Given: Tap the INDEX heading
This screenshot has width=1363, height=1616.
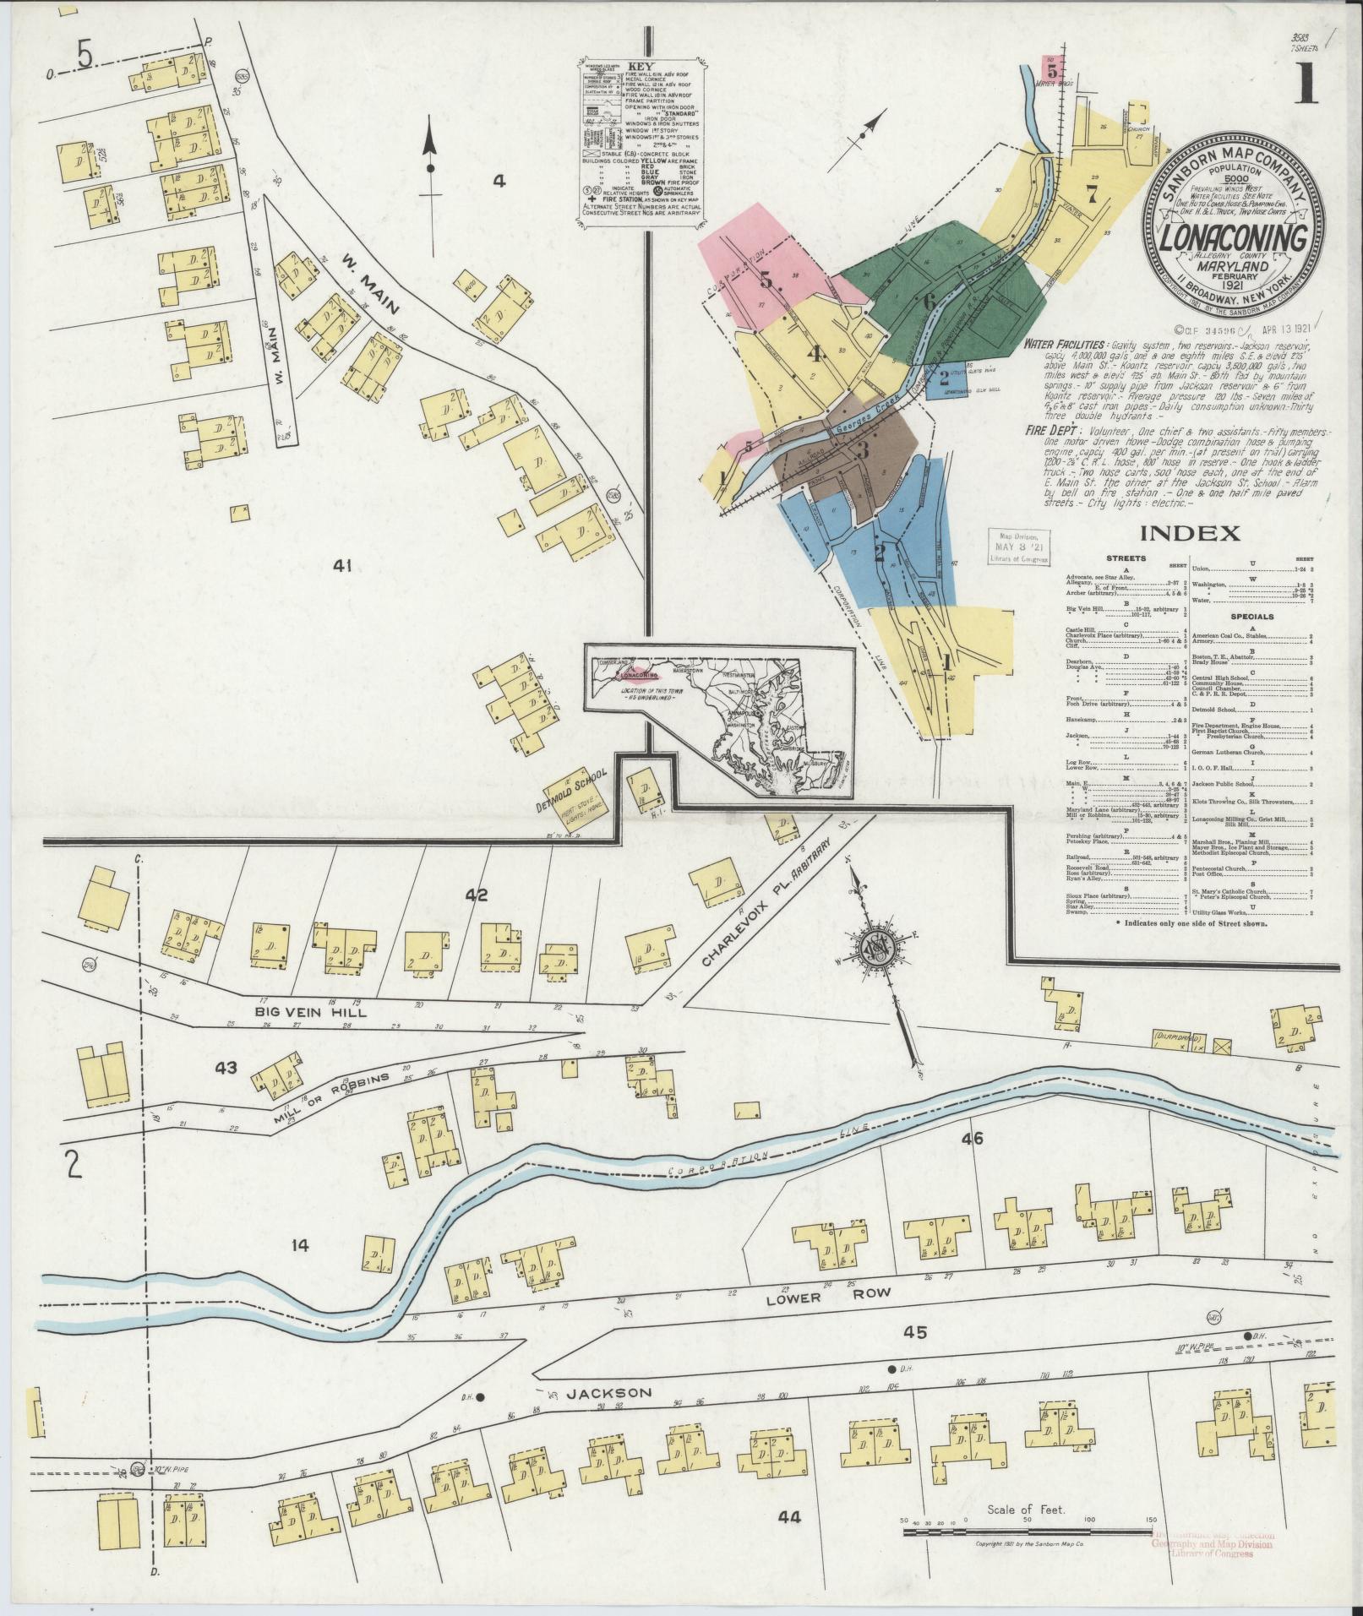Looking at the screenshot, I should pyautogui.click(x=1190, y=533).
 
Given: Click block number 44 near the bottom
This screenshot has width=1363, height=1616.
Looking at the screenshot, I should pyautogui.click(x=789, y=1516).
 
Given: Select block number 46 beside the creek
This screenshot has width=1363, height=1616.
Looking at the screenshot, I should pyautogui.click(x=973, y=1139).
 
